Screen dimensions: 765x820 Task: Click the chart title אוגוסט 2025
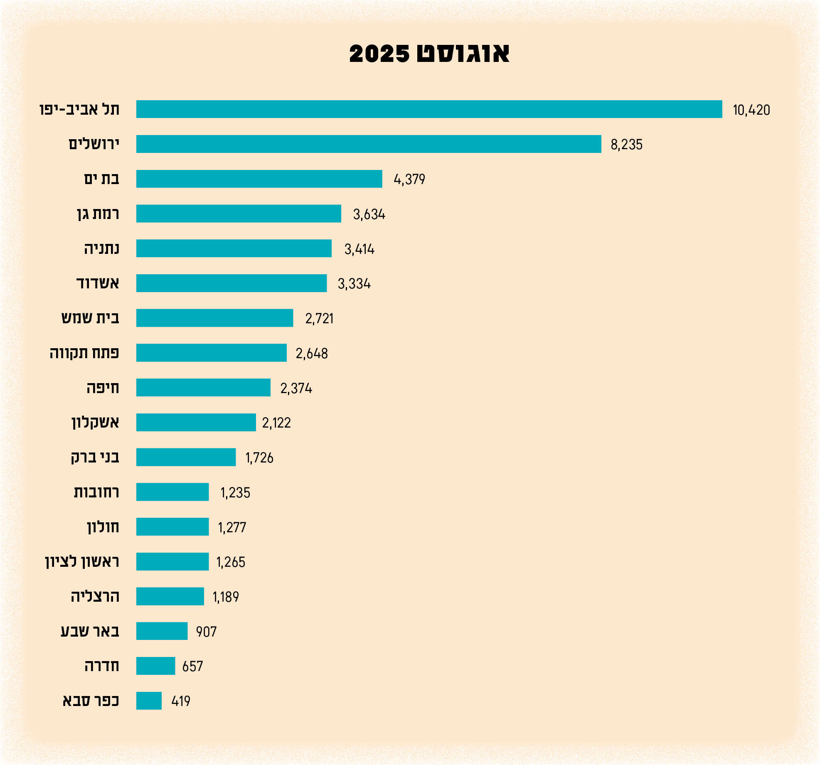point(429,54)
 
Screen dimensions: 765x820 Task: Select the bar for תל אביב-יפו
point(429,109)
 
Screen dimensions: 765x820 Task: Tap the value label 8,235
point(626,145)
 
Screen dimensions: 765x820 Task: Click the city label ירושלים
point(94,144)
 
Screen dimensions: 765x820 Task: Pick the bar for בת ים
point(259,179)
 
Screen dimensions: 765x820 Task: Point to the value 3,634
point(369,214)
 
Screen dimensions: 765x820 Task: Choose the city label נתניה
point(101,249)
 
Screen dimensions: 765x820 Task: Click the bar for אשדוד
point(231,283)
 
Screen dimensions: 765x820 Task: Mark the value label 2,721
point(319,319)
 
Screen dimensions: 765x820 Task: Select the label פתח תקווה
point(84,353)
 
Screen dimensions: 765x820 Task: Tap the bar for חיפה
point(203,388)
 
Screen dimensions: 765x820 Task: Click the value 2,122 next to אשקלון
point(276,423)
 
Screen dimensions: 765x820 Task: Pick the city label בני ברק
point(95,458)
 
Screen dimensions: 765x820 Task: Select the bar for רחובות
point(172,492)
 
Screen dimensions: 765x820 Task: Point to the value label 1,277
point(232,528)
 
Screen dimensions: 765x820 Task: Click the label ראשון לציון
point(82,562)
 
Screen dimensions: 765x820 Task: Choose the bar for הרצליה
point(170,596)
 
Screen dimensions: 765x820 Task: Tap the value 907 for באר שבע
point(206,632)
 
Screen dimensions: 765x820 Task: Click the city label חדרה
point(102,666)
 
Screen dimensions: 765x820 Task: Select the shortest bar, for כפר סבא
point(149,701)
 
